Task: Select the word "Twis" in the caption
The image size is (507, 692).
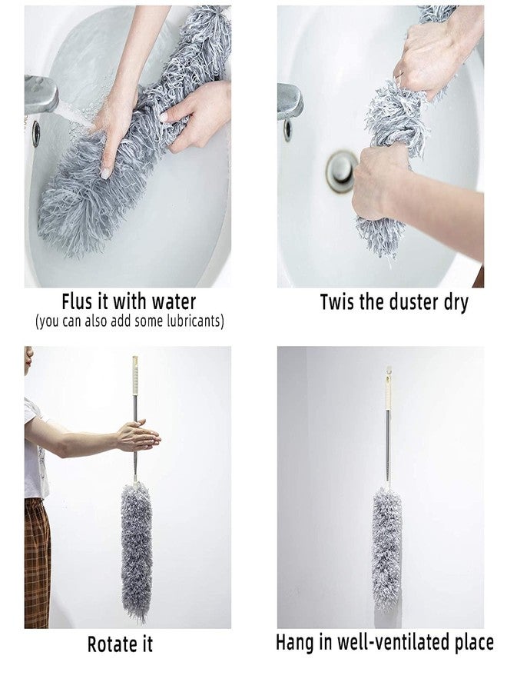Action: pyautogui.click(x=337, y=302)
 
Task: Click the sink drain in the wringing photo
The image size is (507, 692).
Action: pyautogui.click(x=341, y=171)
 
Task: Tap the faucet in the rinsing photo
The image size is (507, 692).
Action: pyautogui.click(x=40, y=95)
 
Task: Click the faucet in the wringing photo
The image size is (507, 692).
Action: pyautogui.click(x=288, y=101)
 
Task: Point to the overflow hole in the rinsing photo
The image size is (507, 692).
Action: pyautogui.click(x=36, y=133)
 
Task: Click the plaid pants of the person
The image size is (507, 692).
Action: pyautogui.click(x=37, y=561)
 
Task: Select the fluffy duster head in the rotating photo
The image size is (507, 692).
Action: pyautogui.click(x=137, y=550)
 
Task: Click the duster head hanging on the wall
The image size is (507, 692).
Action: pyautogui.click(x=387, y=546)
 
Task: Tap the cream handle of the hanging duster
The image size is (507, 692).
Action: pyautogui.click(x=389, y=394)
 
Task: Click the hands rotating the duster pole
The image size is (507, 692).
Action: pyautogui.click(x=138, y=436)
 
